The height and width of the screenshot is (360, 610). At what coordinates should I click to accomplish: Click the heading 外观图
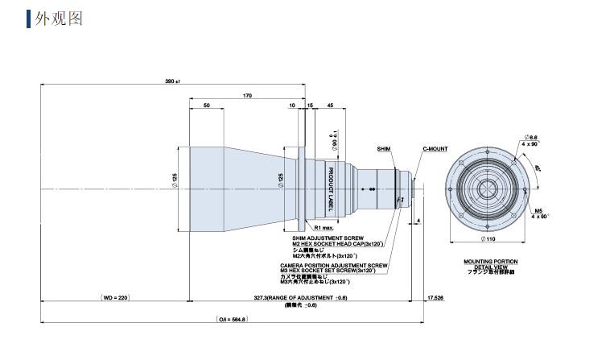point(58,18)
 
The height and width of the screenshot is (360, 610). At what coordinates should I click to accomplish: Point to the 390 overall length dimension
point(170,82)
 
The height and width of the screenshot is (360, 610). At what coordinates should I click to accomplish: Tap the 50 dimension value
point(207,106)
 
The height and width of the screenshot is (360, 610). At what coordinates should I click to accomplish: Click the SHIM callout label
point(383,149)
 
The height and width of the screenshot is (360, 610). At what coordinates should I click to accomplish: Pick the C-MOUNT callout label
point(436,149)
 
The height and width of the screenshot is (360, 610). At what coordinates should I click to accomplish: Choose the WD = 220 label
point(115,298)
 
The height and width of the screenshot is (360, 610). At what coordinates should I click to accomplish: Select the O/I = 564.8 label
point(233,319)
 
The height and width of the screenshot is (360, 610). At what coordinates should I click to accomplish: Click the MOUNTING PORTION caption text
point(490,261)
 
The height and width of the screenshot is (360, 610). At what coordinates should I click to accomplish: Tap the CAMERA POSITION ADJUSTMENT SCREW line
point(334,264)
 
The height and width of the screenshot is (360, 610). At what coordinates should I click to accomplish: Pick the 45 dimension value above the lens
point(330,106)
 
